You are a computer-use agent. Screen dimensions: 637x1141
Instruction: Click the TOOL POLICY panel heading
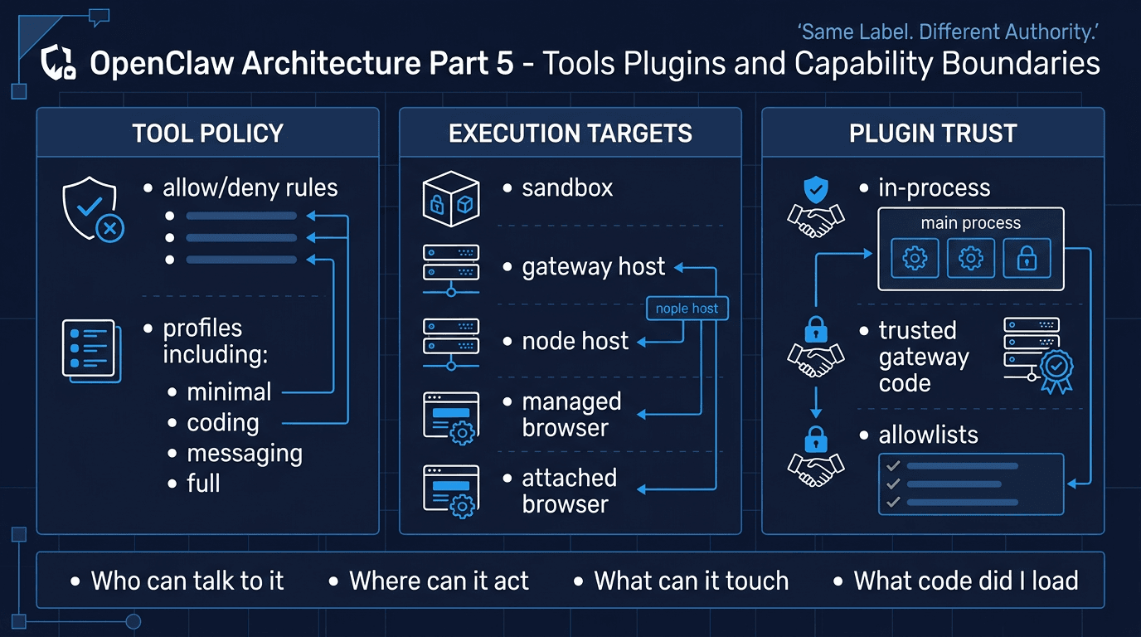[207, 134]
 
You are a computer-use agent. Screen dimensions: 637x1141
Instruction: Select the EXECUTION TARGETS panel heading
[570, 134]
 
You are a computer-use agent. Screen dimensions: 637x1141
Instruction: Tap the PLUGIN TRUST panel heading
[933, 134]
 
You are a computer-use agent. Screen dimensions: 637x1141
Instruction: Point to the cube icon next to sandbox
[450, 199]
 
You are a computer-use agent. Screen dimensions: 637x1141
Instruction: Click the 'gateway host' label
[593, 267]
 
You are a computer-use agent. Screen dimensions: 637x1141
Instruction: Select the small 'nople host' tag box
[687, 309]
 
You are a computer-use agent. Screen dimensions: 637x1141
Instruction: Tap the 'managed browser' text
[571, 415]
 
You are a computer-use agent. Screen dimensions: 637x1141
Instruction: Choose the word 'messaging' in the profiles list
[245, 454]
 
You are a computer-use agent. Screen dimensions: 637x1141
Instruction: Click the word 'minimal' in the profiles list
[229, 391]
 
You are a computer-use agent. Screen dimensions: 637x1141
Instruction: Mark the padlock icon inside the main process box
[1027, 259]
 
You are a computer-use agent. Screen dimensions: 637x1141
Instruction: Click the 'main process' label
[970, 223]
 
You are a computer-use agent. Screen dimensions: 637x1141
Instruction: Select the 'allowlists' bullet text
[928, 435]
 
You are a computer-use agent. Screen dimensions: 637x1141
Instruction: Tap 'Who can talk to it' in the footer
[187, 581]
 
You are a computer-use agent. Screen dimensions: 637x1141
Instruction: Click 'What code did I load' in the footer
[966, 581]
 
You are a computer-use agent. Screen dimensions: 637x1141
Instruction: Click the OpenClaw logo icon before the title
[60, 64]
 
